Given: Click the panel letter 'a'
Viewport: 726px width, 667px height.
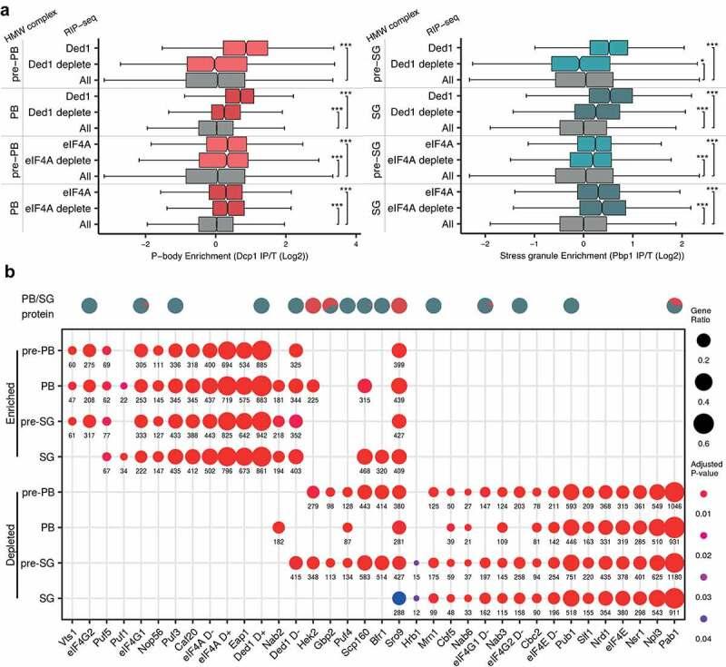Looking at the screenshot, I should tap(6, 7).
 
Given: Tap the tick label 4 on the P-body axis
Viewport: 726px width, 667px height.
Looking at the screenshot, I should tap(356, 242).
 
